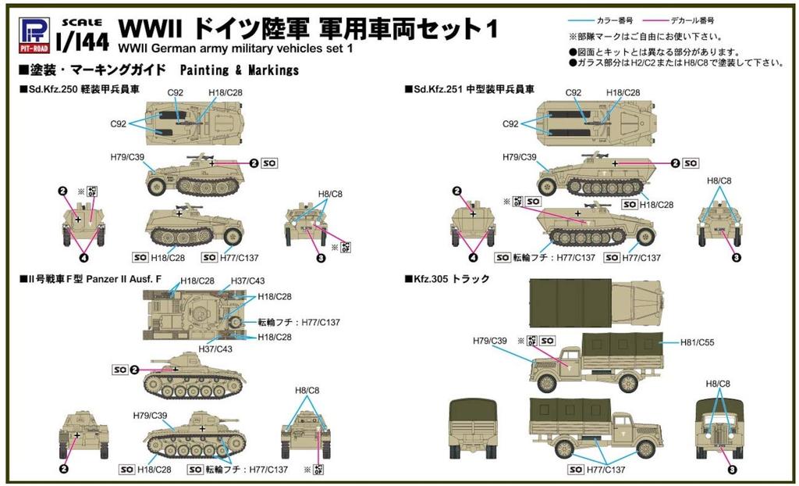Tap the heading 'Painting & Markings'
[240, 70]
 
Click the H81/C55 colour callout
[696, 342]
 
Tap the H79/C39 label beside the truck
[490, 341]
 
